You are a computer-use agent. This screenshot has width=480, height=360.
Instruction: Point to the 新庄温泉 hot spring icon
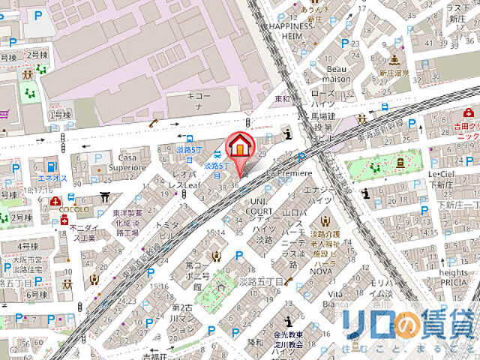point(394,60)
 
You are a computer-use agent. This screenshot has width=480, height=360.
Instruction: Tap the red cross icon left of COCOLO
point(55,202)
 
